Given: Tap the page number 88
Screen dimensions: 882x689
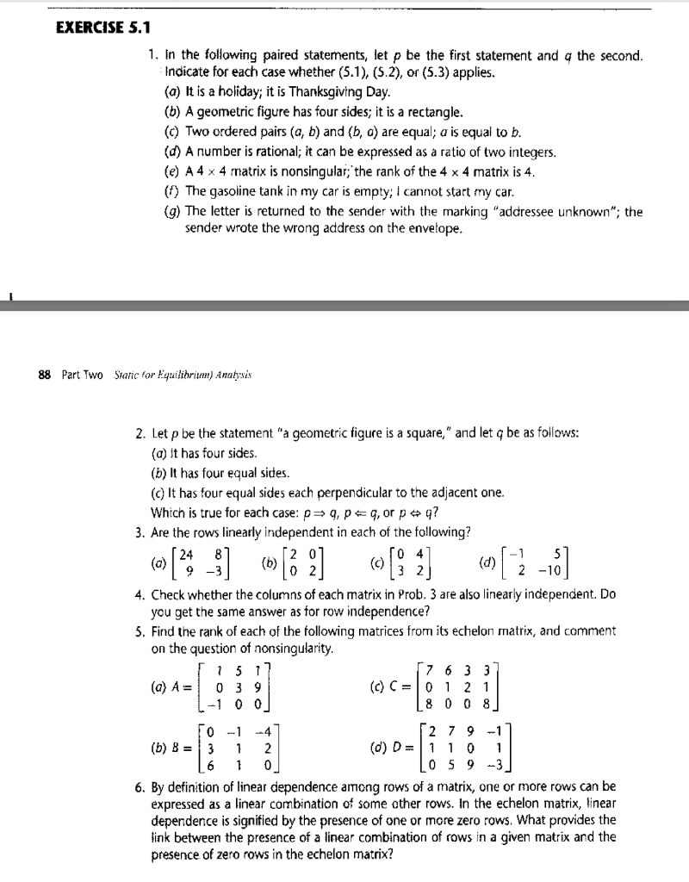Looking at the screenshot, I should coord(42,375).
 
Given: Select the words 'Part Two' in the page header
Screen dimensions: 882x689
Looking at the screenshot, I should coord(82,375).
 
